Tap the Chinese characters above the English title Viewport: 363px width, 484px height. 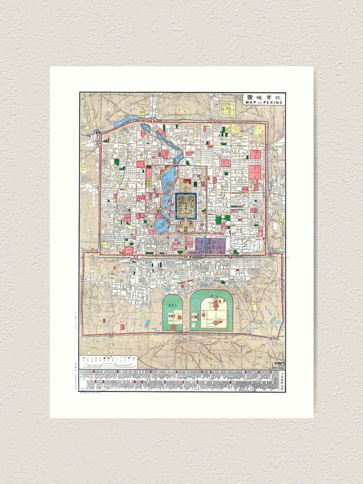tap(264, 97)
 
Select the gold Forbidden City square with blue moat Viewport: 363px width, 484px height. tap(185, 206)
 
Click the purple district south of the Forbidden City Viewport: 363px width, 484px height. tap(210, 245)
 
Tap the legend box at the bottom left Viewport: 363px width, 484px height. tap(110, 362)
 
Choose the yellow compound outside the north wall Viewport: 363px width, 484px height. tap(228, 109)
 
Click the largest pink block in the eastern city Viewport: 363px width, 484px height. tap(255, 172)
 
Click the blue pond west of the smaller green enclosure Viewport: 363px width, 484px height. tap(147, 322)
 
